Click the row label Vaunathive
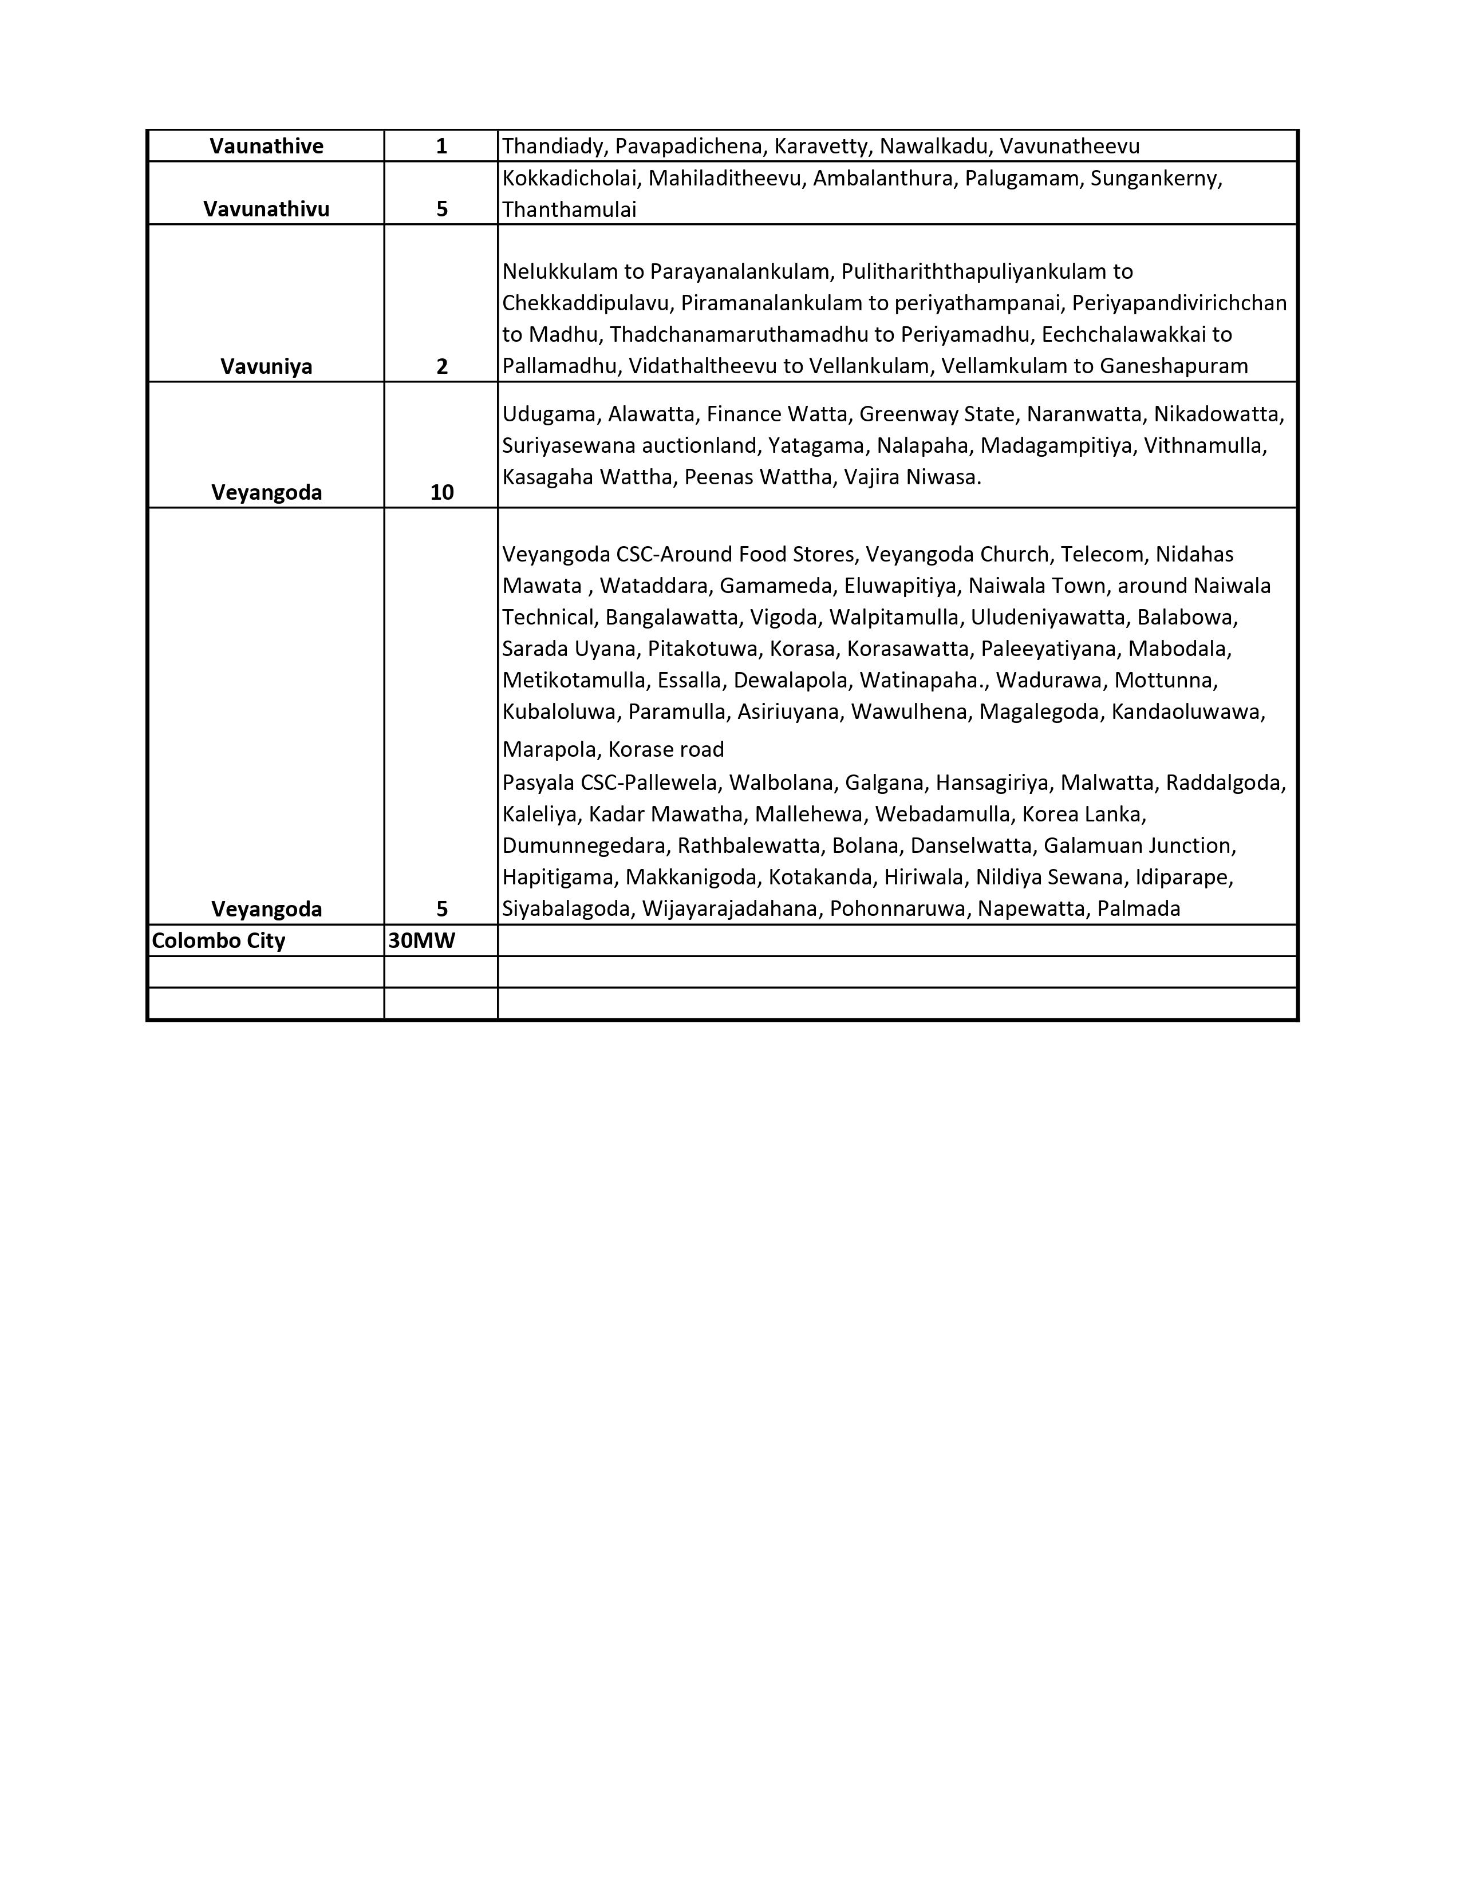[266, 146]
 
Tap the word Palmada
[1148, 909]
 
